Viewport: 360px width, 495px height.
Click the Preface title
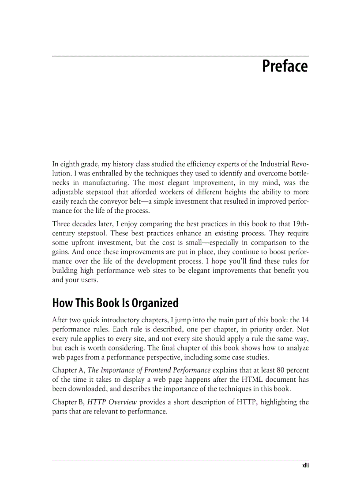285,67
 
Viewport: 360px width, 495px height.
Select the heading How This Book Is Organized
115,303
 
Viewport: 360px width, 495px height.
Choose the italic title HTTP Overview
108,402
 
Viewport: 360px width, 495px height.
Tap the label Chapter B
68,402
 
